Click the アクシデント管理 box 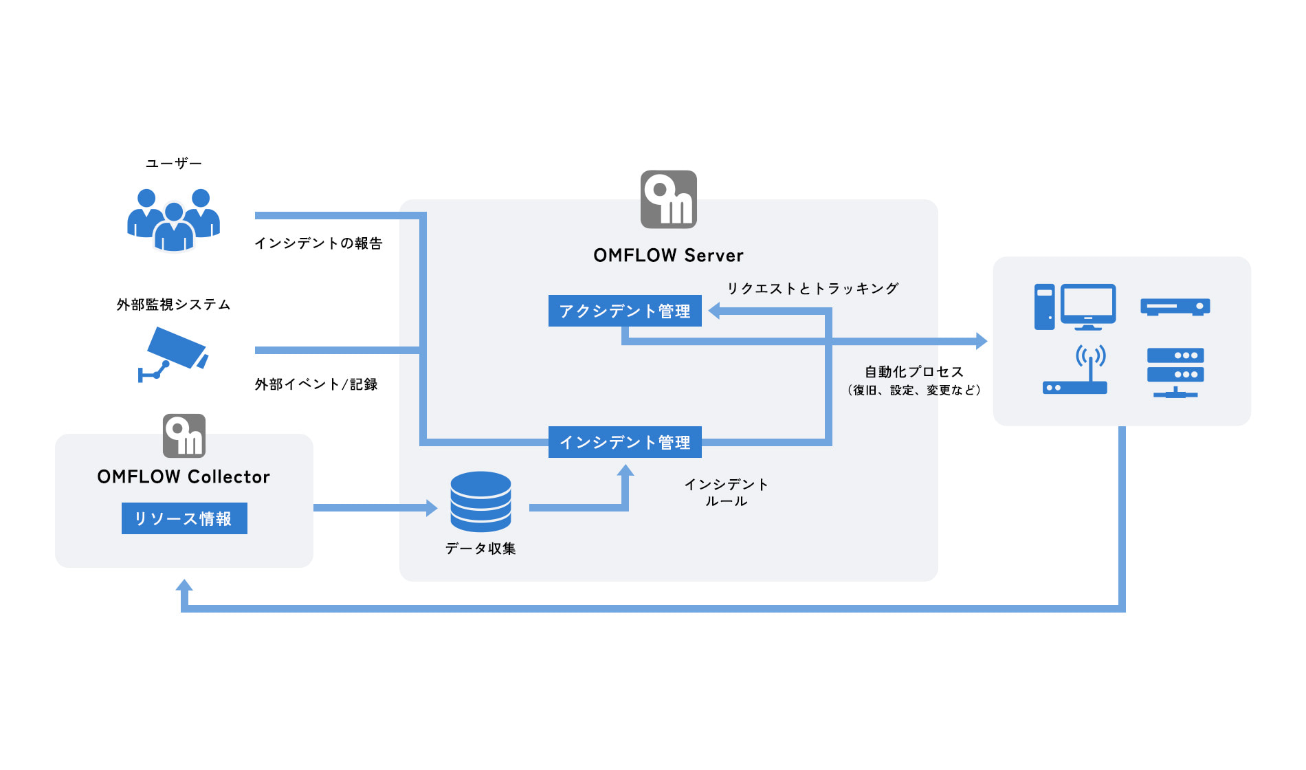pyautogui.click(x=625, y=311)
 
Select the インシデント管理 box pyautogui.click(x=625, y=442)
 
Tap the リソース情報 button pyautogui.click(x=184, y=518)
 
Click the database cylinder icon pyautogui.click(x=480, y=501)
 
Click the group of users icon pyautogui.click(x=173, y=219)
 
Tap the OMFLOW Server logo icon pyautogui.click(x=668, y=199)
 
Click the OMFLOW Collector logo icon pyautogui.click(x=184, y=436)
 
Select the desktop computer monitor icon pyautogui.click(x=1087, y=306)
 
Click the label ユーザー pyautogui.click(x=173, y=164)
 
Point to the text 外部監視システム pyautogui.click(x=173, y=305)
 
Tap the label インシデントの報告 pyautogui.click(x=318, y=243)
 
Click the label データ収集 pyautogui.click(x=480, y=549)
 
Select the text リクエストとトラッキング pyautogui.click(x=812, y=289)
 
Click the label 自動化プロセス pyautogui.click(x=914, y=372)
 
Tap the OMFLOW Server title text pyautogui.click(x=668, y=256)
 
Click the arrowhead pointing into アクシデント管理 pyautogui.click(x=714, y=311)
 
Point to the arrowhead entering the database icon pyautogui.click(x=432, y=508)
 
